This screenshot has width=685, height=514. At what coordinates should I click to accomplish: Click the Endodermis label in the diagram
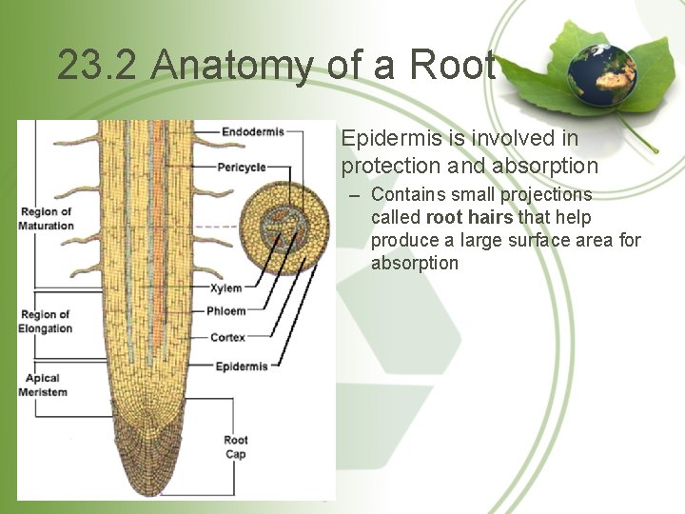252,130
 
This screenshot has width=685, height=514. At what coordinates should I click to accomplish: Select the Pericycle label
242,168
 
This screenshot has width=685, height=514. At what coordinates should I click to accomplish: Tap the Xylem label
226,287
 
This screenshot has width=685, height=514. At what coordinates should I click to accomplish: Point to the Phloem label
228,311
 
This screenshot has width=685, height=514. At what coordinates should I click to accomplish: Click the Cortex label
228,337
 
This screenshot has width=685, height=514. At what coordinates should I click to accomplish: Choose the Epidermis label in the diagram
242,366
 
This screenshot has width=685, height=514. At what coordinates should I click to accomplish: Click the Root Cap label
236,446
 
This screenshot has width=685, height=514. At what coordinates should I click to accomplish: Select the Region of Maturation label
46,219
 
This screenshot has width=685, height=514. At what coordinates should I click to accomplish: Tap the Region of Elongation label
46,322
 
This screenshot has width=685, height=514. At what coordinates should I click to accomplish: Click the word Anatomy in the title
221,66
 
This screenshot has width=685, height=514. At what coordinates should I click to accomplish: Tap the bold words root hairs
470,217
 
